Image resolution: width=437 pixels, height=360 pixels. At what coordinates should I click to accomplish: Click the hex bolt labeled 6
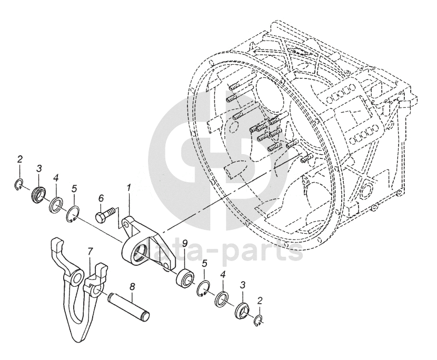tap(104, 216)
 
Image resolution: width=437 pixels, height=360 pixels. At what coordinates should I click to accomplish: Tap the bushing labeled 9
tap(184, 277)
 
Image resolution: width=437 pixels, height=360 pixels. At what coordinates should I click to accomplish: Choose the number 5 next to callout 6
tap(74, 188)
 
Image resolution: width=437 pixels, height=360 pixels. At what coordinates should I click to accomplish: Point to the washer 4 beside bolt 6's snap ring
tap(55, 203)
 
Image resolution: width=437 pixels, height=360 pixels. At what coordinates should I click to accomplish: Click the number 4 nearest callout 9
tap(223, 275)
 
